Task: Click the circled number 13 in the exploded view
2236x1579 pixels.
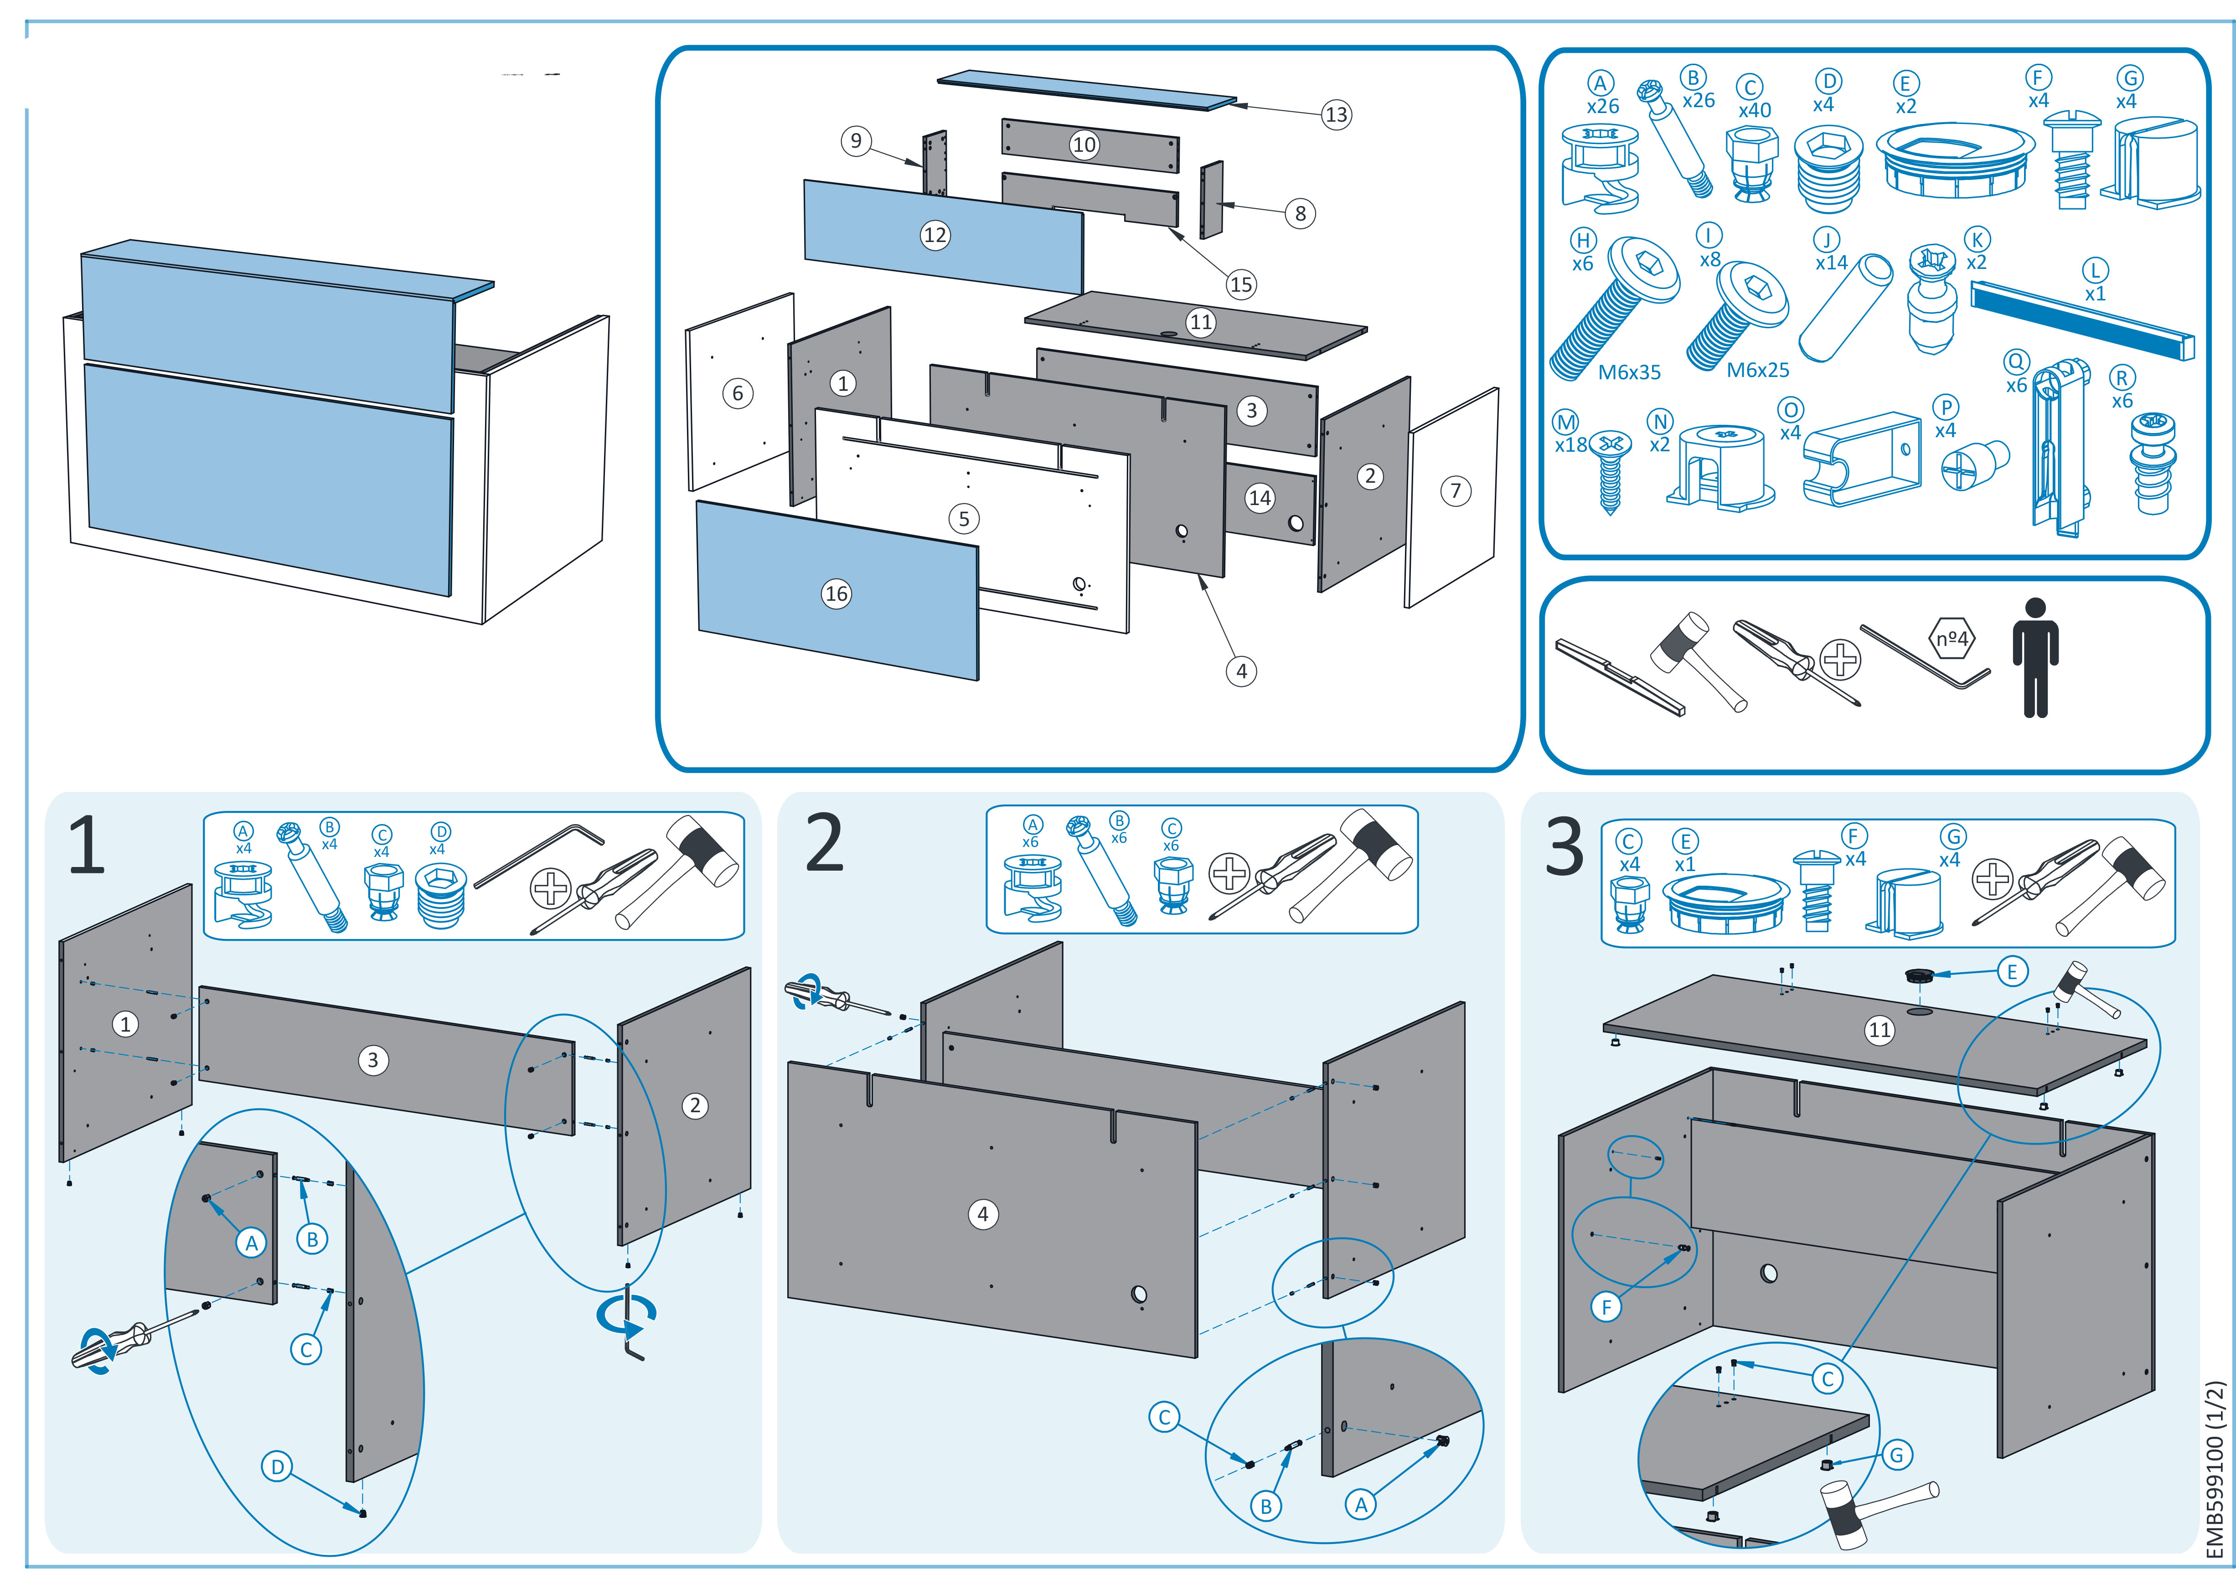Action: click(1336, 115)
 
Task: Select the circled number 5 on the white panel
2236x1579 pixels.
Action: click(964, 518)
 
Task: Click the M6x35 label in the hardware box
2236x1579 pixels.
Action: click(1629, 372)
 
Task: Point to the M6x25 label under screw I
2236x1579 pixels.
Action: click(1758, 370)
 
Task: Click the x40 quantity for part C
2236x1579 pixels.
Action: click(1755, 110)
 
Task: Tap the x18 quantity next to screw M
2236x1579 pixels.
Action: click(1571, 445)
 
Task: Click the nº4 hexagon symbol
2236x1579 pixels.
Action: click(1952, 639)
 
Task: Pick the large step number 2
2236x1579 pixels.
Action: click(825, 844)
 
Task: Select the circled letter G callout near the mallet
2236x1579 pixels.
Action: click(1896, 1455)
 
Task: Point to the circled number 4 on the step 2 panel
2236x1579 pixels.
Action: click(983, 1214)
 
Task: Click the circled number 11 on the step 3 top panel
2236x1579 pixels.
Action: click(1880, 1030)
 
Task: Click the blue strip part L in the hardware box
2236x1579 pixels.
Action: click(2082, 321)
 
